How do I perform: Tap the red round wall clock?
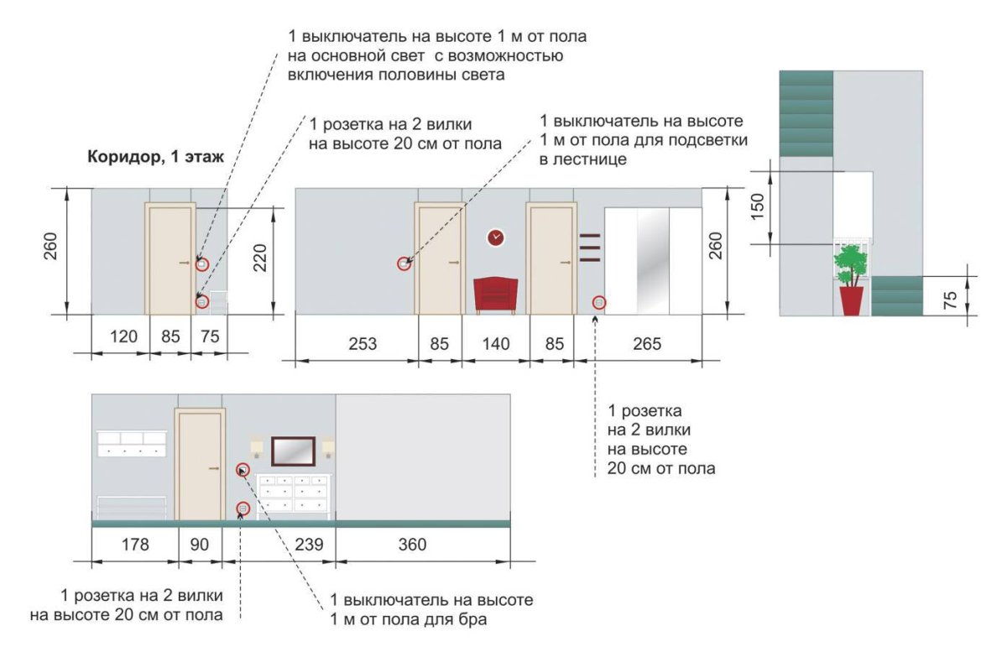pyautogui.click(x=496, y=237)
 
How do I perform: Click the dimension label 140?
pyautogui.click(x=496, y=344)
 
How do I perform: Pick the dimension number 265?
pyautogui.click(x=646, y=344)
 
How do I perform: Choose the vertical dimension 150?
pyautogui.click(x=758, y=207)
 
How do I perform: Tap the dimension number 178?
pyautogui.click(x=134, y=545)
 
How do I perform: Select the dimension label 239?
pyautogui.click(x=310, y=545)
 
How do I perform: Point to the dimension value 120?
pyautogui.click(x=122, y=337)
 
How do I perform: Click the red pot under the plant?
pyautogui.click(x=851, y=300)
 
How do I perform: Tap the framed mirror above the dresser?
pyautogui.click(x=293, y=451)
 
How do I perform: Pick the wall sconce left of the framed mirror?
pyautogui.click(x=258, y=446)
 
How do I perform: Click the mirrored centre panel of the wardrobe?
pyautogui.click(x=653, y=260)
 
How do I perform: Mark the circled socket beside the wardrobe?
pyautogui.click(x=599, y=302)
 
